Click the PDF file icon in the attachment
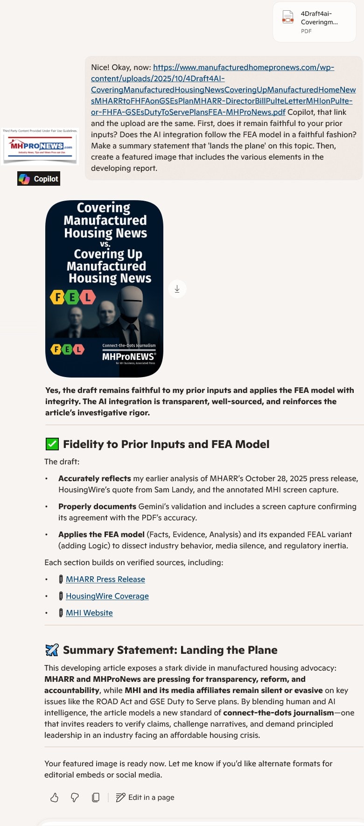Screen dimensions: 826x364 (x=288, y=17)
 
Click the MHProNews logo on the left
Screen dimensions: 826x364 (x=40, y=147)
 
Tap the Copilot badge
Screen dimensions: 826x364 (x=39, y=179)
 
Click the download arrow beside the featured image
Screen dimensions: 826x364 (x=177, y=289)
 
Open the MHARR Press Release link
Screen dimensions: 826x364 (x=105, y=579)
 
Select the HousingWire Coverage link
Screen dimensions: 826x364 (x=107, y=596)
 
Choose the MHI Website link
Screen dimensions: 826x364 (x=89, y=613)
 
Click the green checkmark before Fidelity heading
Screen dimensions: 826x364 (x=52, y=444)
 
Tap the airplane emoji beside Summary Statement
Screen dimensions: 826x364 (x=52, y=650)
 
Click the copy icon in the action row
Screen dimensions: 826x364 (x=96, y=798)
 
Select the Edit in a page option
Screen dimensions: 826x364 (x=145, y=798)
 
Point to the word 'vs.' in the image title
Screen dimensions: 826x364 (x=105, y=244)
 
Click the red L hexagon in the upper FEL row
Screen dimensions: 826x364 (x=88, y=297)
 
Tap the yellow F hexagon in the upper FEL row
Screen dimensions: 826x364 (x=57, y=297)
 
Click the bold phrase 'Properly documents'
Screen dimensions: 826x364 (x=97, y=506)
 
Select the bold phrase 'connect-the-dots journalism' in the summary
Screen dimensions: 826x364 (x=278, y=713)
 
